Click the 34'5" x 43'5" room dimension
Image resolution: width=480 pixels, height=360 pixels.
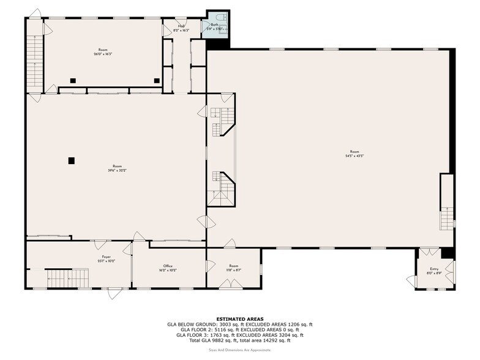tap(354, 156)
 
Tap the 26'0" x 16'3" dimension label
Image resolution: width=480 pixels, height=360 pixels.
tap(103, 54)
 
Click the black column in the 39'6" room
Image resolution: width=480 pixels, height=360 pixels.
tap(72, 160)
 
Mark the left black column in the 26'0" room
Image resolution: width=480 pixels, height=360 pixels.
tap(72, 80)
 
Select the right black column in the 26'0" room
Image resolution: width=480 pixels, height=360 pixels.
tap(157, 80)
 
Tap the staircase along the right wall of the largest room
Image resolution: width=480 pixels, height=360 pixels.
tap(447, 210)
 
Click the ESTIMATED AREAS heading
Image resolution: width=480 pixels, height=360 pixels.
tap(240, 319)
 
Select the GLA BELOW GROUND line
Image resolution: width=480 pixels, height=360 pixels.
tap(240, 324)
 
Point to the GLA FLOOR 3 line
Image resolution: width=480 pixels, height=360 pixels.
tap(240, 335)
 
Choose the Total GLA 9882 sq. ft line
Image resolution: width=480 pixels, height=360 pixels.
tap(240, 340)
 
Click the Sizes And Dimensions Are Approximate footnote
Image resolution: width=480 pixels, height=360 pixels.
tap(240, 349)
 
